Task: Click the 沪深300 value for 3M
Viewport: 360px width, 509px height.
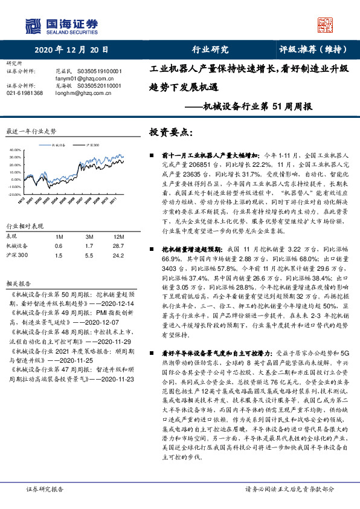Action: (89, 256)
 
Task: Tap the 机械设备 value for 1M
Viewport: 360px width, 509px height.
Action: (58, 246)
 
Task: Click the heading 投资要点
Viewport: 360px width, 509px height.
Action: (171, 132)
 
